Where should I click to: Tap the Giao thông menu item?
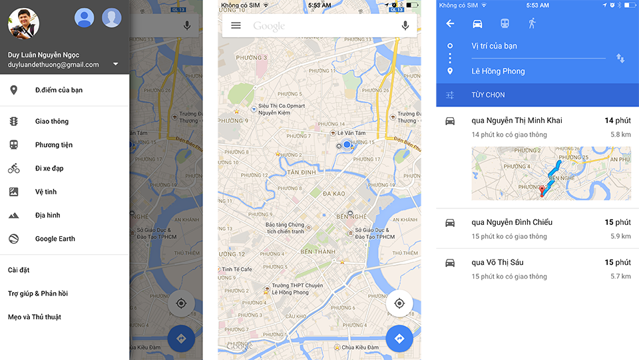pos(52,121)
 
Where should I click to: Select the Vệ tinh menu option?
pos(46,192)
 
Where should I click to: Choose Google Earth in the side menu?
pos(55,239)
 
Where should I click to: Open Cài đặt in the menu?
pos(19,270)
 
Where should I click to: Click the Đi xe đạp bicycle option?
pos(49,168)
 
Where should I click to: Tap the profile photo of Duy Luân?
pos(23,23)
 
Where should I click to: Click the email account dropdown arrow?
pos(116,65)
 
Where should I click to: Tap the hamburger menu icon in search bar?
pos(236,25)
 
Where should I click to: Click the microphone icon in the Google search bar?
pos(405,25)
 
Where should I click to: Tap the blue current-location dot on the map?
pos(347,144)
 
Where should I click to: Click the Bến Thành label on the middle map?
pos(318,252)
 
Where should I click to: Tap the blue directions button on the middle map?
pos(399,339)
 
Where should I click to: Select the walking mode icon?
pos(532,23)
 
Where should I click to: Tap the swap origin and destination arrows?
pos(620,59)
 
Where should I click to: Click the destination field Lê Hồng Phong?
pos(498,71)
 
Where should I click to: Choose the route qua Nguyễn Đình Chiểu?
pos(512,222)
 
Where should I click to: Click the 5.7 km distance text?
pos(620,276)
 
